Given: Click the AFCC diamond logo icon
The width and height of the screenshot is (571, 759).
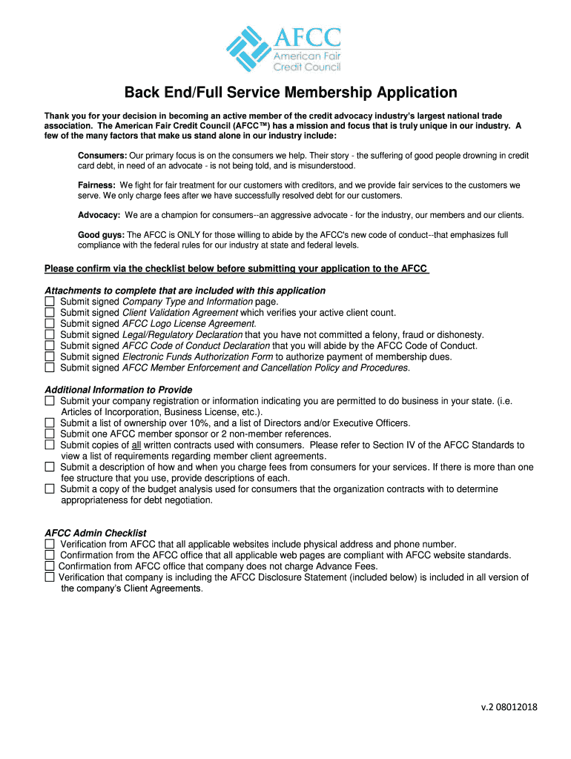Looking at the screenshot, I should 250,49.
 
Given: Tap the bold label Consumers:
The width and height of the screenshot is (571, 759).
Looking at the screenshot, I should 102,155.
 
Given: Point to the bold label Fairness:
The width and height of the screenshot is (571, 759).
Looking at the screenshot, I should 96,185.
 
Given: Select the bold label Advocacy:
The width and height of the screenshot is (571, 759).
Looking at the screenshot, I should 99,215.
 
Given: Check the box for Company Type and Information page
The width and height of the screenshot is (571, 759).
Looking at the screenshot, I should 50,302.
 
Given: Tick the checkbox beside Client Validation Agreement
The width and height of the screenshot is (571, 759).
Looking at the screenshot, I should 50,313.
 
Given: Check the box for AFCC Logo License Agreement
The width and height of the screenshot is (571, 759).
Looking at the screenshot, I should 50,324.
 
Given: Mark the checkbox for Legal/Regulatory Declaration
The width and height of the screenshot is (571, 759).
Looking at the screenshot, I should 50,335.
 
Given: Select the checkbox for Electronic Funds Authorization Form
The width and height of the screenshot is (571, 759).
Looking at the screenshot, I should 50,357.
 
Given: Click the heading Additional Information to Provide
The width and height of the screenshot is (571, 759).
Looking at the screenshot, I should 119,390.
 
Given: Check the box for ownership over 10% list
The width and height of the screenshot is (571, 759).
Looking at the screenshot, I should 50,423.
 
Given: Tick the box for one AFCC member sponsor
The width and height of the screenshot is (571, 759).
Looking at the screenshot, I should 50,434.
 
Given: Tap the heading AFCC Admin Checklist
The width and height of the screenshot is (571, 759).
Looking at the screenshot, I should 96,533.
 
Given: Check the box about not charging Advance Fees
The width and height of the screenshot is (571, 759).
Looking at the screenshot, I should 49,566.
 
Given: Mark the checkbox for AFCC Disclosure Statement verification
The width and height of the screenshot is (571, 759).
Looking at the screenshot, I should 49,577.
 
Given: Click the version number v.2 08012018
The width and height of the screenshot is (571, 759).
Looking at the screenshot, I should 509,706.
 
